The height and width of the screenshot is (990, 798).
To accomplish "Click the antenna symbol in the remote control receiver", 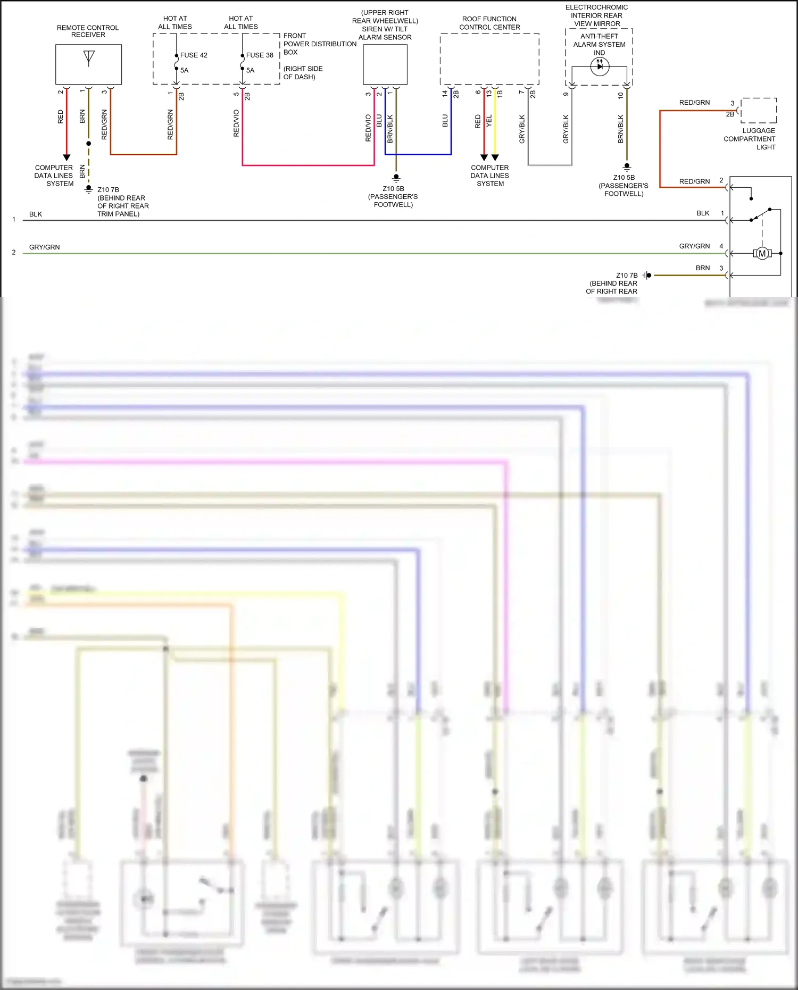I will [89, 58].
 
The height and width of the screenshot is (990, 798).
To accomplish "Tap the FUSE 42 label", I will [194, 55].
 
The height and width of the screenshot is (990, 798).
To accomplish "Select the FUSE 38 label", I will [260, 55].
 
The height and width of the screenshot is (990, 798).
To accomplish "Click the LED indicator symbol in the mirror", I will [600, 66].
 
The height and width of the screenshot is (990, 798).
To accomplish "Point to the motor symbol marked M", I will [762, 254].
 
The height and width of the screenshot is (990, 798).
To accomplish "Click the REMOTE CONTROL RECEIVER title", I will [88, 31].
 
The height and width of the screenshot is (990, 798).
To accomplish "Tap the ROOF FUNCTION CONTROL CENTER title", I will [489, 23].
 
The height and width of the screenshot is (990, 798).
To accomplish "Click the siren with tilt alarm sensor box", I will [385, 64].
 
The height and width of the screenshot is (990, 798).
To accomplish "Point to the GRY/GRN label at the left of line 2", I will [45, 247].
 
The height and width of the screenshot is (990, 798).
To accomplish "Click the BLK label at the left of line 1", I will [36, 214].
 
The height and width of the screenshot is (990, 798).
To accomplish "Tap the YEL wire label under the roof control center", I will [489, 121].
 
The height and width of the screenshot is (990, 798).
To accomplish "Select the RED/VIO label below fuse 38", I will [236, 123].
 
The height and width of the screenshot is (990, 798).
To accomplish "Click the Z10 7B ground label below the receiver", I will [109, 190].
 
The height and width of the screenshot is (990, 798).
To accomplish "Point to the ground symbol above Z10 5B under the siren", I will [396, 178].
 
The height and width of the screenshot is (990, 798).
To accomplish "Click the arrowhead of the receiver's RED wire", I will [66, 157].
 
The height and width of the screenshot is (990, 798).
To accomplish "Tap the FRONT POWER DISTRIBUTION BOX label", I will [320, 44].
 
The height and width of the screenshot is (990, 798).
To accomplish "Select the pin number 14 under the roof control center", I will [445, 93].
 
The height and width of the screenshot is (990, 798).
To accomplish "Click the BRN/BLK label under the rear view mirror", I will [620, 129].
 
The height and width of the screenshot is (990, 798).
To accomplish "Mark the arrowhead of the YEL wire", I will [495, 157].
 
